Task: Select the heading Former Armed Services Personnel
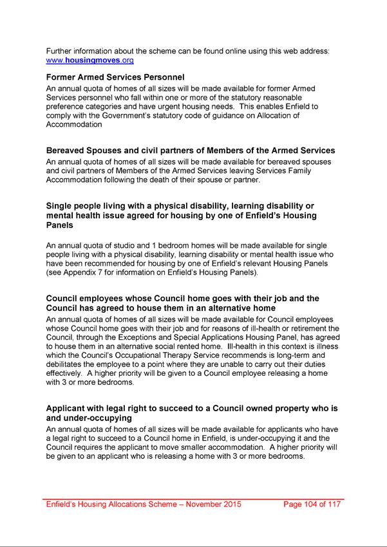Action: coord(115,77)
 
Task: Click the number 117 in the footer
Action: coord(334,505)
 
